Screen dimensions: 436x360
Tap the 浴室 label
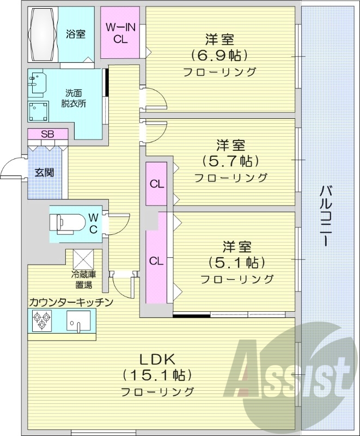pyautogui.click(x=76, y=34)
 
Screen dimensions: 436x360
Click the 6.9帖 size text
pyautogui.click(x=219, y=55)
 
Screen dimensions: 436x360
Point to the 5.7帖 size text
pyautogui.click(x=230, y=161)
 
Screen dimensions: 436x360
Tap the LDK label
pyautogui.click(x=157, y=359)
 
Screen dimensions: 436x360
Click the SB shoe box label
pyautogui.click(x=47, y=134)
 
